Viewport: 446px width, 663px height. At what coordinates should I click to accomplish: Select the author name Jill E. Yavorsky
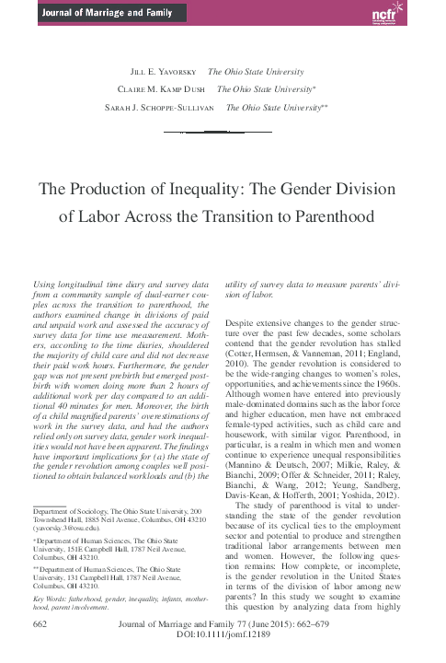pos(163,71)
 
